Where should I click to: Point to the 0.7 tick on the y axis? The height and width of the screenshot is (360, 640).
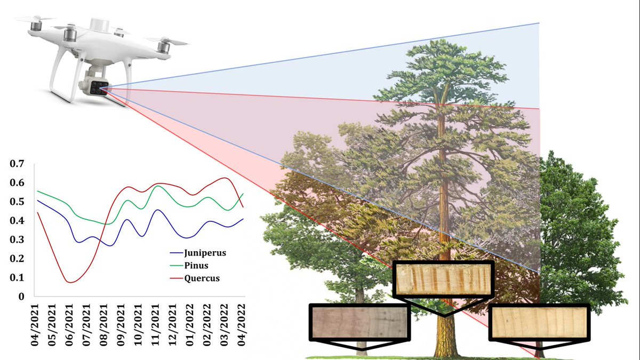tap(18, 164)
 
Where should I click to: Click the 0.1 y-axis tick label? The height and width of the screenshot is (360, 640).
tap(18, 277)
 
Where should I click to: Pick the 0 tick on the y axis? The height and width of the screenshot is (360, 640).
tap(21, 297)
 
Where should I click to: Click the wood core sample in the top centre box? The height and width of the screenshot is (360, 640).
tap(443, 279)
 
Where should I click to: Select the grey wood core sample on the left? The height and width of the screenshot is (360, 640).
tap(359, 322)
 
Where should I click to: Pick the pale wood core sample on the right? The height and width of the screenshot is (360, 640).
tap(539, 322)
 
